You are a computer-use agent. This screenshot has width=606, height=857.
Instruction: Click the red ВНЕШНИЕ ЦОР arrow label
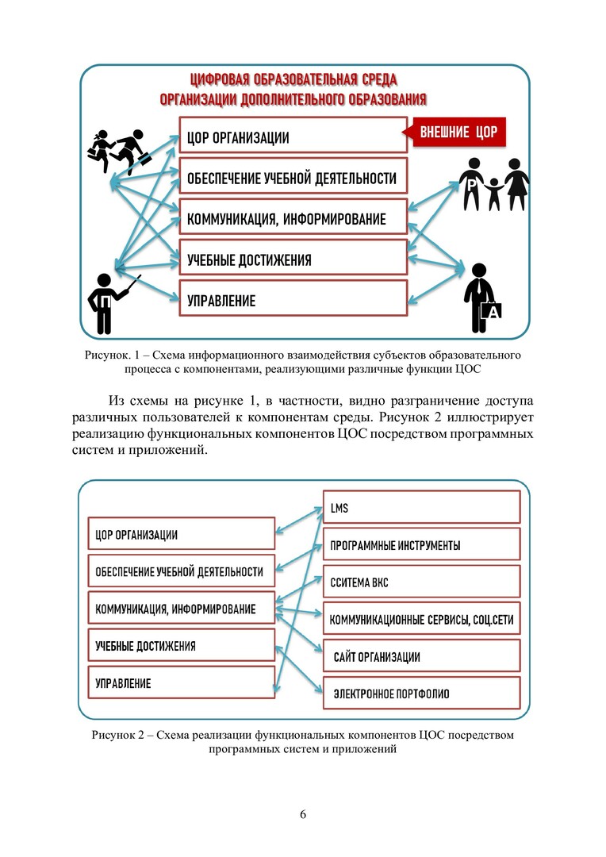pos(458,132)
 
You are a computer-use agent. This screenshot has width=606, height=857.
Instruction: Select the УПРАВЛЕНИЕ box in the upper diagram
pos(292,301)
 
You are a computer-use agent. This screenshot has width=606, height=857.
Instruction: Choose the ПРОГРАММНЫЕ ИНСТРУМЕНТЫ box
pos(420,546)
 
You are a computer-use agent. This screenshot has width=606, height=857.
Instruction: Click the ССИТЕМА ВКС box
pos(420,582)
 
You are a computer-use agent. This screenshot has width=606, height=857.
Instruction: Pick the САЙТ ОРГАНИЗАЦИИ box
pos(420,657)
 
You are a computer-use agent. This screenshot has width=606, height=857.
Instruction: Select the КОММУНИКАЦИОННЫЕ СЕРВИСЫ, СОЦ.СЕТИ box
pos(420,619)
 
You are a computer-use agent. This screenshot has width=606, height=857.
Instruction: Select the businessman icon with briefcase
pos(481,298)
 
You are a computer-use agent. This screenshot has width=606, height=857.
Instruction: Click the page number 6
pos(303,815)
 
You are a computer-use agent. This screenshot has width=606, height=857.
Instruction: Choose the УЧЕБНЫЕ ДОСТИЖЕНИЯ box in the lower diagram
pos(180,646)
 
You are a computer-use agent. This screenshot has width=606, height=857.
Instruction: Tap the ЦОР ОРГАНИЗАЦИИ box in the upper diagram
pos(292,138)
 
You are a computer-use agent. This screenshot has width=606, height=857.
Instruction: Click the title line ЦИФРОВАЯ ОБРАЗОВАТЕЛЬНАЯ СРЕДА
pos(293,81)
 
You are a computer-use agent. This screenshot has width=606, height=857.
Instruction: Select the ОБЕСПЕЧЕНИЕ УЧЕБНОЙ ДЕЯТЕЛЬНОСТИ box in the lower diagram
pos(180,571)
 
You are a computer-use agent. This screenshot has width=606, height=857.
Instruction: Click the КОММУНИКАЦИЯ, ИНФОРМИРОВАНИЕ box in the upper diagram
pos(292,219)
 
